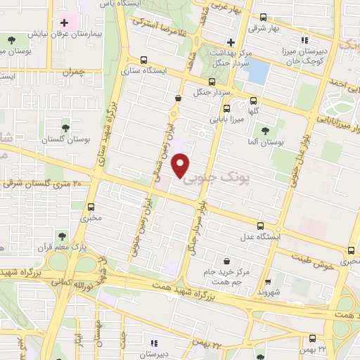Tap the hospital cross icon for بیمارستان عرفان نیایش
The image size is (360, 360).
pos(65,23)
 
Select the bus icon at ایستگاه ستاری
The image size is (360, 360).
pos(144,60)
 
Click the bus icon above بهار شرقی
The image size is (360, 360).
pos(262,17)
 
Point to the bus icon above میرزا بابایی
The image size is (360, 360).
pos(226,108)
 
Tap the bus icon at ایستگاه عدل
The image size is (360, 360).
pos(261,226)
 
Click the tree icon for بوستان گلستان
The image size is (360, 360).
pos(65,128)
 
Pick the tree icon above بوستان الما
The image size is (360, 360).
pos(265,131)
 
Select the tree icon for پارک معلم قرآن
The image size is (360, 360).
pos(61,236)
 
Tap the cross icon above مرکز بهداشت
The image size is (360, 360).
pos(231,43)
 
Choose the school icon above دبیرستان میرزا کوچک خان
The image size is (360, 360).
pos(304,40)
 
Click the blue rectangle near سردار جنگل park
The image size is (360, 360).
pos(259,72)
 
